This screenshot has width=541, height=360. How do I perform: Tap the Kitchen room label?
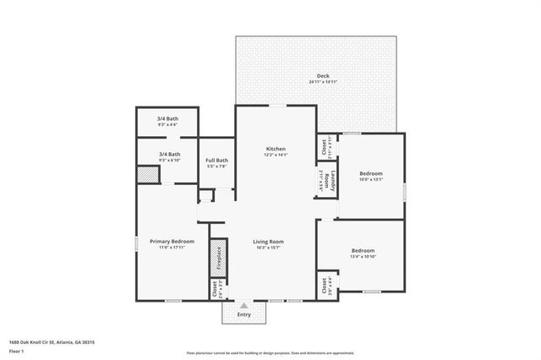(x=276, y=149)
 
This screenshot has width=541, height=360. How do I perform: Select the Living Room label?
(x=268, y=242)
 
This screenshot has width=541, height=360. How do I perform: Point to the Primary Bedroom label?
(x=172, y=242)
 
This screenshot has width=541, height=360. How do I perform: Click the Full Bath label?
(x=217, y=161)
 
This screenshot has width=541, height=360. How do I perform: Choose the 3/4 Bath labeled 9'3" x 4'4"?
(x=167, y=119)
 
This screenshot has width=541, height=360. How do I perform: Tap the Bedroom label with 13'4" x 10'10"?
(x=363, y=251)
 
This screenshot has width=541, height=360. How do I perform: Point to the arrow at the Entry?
(x=243, y=306)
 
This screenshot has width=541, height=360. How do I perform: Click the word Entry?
(x=243, y=314)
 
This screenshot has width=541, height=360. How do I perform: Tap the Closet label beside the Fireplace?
(x=212, y=289)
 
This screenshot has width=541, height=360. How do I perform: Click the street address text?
(x=52, y=342)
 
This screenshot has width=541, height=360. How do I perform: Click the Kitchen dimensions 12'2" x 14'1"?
(x=276, y=155)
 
